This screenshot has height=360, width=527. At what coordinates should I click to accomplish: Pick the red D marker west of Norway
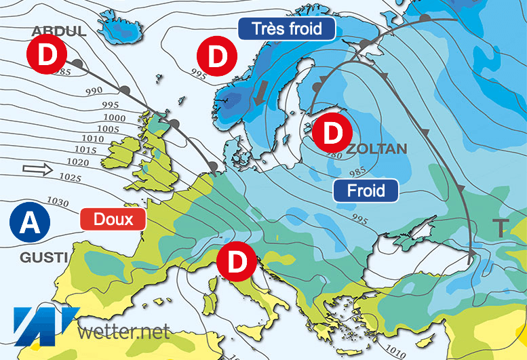pos(217,56)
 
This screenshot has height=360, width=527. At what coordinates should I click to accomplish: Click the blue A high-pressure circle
pos(28,221)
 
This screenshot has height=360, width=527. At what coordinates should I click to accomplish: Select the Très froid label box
pos(287,28)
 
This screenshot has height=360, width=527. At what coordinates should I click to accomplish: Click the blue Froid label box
pos(366,191)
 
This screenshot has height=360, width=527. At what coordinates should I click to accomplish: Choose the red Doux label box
pos(113,219)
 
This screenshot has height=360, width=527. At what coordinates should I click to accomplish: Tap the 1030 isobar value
pos(60,202)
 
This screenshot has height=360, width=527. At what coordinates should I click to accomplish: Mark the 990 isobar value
pos(94,90)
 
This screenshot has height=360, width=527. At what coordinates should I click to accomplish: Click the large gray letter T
pos(501,228)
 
